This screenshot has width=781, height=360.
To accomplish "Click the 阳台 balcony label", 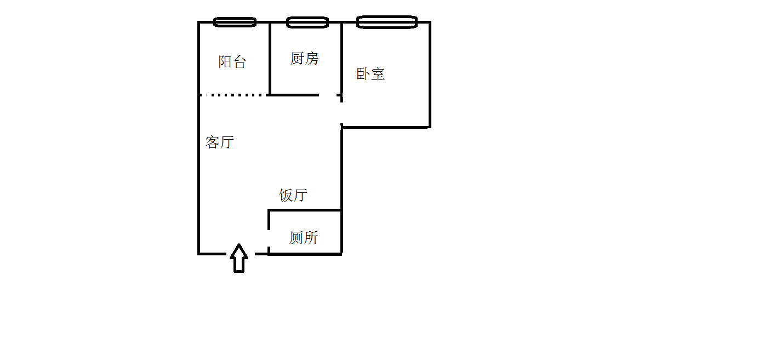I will pos(232,62).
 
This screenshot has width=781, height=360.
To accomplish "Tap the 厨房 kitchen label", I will pos(304,59).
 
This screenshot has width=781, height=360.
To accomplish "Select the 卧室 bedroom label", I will pos(370,74).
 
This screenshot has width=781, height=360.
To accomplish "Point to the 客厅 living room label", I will pos(220,142).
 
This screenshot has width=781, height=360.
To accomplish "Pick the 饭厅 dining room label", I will pos(293,195).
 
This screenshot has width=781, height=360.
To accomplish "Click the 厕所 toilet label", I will pos(304,238).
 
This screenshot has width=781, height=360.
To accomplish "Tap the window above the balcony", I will pos(235,22).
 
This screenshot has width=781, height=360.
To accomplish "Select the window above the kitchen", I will pos(307,22).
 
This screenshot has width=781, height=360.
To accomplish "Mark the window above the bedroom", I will pos(387,22).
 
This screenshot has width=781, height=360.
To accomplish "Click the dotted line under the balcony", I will pos(233,95).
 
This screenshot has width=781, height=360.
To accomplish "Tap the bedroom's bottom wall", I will pos(386,127).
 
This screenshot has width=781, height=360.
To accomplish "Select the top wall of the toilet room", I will pos(305,210).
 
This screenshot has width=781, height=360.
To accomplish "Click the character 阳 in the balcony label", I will pos(225,62).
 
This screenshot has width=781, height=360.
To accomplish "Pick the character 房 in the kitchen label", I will pos(311,59).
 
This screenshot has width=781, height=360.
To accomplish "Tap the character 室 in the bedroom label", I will pos(378,74).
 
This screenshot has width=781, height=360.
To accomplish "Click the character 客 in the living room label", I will pos(213,142).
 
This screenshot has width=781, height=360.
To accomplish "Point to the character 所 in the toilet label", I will pos(311,238).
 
